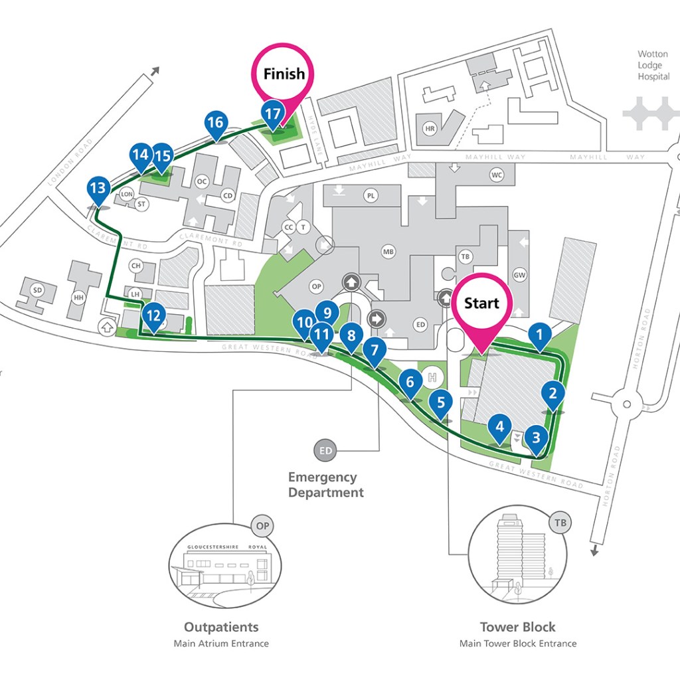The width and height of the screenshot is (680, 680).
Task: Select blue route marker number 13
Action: (x=98, y=189)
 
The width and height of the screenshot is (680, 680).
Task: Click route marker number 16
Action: (x=214, y=124)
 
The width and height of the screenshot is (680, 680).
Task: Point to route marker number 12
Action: (x=153, y=315)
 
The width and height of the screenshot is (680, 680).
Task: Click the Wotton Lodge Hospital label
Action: (x=653, y=65)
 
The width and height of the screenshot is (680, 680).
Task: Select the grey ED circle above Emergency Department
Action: (x=325, y=451)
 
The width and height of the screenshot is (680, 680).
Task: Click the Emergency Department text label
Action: (x=325, y=485)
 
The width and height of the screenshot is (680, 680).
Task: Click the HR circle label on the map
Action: (x=430, y=128)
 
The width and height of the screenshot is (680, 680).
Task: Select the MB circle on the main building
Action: (x=388, y=252)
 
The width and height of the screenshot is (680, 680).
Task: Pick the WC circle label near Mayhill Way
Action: (x=497, y=175)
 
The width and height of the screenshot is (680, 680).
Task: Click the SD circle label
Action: (x=37, y=290)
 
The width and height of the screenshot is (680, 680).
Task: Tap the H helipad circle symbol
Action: (x=433, y=378)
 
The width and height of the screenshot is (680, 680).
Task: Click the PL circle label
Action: (x=371, y=195)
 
